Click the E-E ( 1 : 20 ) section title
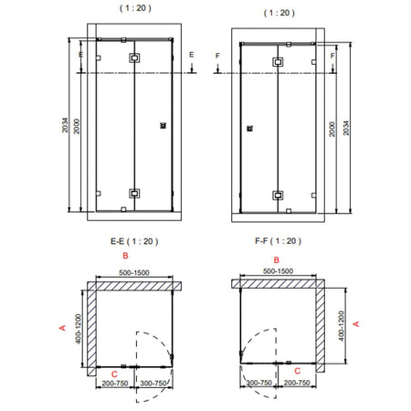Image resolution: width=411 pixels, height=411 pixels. click(134, 241)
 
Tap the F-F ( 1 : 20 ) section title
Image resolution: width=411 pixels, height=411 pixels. click(278, 241)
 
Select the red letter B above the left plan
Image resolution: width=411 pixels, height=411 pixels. click(125, 256)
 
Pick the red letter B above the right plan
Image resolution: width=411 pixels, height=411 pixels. click(277, 260)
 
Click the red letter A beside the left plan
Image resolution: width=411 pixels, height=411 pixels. click(62, 328)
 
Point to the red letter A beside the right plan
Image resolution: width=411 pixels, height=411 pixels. click(356, 324)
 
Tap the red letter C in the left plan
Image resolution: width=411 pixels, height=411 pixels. click(114, 374)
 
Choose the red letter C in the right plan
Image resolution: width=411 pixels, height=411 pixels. click(298, 371)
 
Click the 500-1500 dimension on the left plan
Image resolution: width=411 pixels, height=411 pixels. click(134, 272)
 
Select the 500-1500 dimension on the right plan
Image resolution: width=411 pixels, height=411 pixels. click(278, 271)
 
